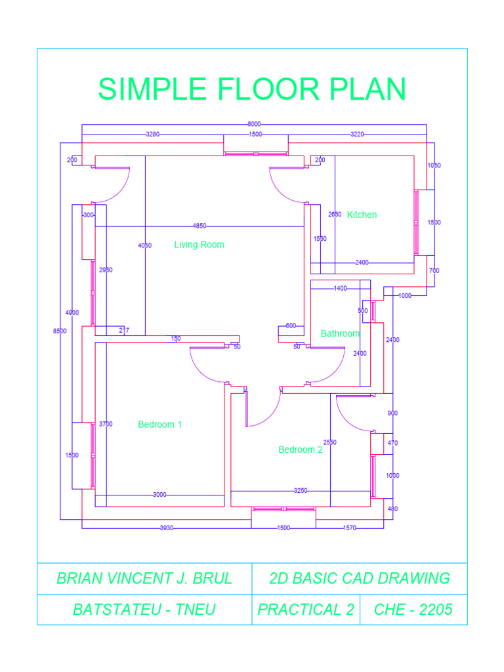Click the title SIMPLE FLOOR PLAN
252,89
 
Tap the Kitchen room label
362,215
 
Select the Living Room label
199,245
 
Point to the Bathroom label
340,333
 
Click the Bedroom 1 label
160,425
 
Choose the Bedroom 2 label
300,450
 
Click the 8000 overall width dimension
254,124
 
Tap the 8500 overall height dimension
60,331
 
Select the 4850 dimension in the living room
199,226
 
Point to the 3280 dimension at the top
152,134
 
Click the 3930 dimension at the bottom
166,528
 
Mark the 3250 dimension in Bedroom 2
301,490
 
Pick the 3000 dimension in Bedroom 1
159,495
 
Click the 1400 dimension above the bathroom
340,288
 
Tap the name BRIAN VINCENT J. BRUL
144,578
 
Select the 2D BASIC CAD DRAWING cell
360,578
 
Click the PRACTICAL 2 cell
305,610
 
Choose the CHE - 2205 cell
413,610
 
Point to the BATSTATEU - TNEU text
144,610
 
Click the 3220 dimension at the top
357,134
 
